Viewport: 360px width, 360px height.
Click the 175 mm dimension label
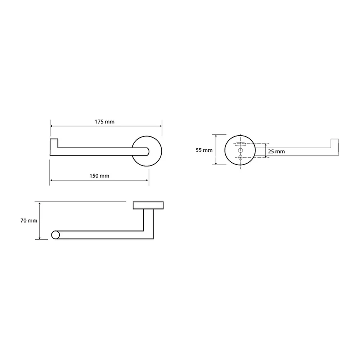104,122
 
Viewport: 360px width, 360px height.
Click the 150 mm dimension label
99,176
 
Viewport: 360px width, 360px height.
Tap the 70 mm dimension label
29,221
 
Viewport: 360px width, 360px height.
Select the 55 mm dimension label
204,150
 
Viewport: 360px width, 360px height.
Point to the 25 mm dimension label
276,152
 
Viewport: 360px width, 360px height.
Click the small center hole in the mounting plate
240,150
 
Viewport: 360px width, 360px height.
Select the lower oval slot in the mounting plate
240,158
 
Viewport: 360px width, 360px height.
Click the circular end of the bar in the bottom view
55,235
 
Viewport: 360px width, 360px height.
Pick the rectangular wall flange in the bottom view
148,205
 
